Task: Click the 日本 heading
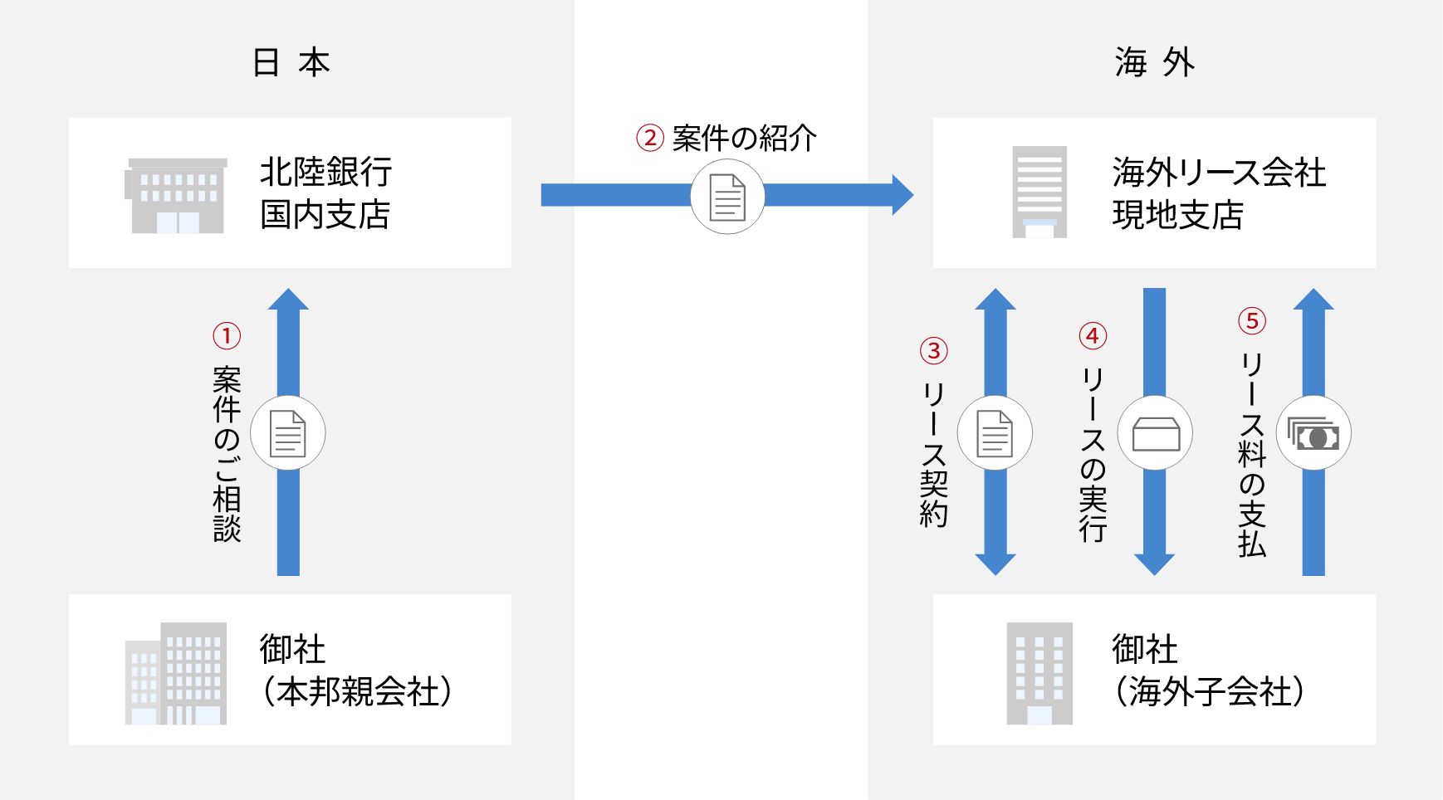(291, 63)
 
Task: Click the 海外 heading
(1155, 63)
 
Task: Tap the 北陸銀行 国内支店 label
(325, 193)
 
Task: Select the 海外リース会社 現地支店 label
(1219, 193)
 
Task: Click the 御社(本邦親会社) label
(356, 670)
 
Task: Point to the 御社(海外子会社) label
(1209, 670)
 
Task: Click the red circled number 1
(227, 336)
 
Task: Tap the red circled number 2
(650, 138)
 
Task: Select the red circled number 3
(934, 350)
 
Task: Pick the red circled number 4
(1093, 336)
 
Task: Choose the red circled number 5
(1252, 321)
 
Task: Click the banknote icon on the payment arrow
(1313, 434)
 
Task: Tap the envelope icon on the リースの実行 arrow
(1156, 434)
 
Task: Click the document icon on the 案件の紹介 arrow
(727, 198)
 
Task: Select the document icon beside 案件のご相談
(288, 434)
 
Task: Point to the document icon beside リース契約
(995, 434)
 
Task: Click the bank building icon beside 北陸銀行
(176, 196)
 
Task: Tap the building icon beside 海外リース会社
(1039, 193)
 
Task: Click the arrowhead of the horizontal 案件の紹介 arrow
(903, 195)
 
